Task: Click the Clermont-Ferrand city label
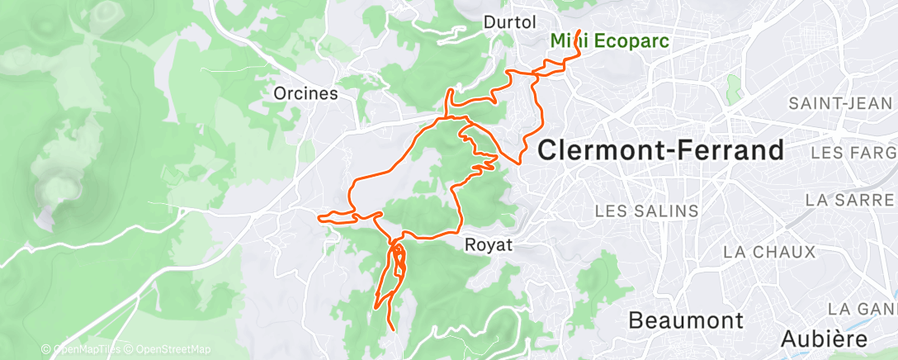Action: click(660, 150)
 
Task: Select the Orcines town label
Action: click(306, 94)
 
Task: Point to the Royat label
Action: click(489, 244)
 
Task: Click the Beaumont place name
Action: click(685, 320)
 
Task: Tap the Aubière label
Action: click(825, 339)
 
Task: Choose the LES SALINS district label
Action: click(647, 211)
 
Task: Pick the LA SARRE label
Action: click(849, 200)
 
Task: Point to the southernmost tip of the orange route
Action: click(390, 330)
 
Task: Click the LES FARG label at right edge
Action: click(853, 154)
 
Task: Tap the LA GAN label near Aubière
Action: click(862, 309)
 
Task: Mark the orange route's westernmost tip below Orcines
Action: click(319, 217)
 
